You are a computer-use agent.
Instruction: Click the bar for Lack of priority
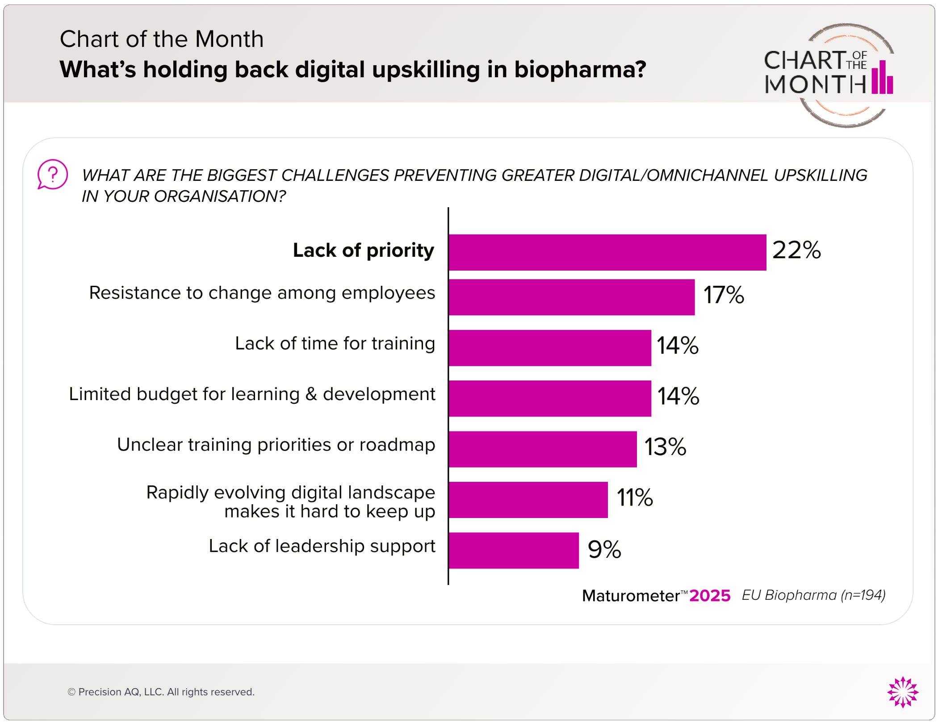pyautogui.click(x=607, y=252)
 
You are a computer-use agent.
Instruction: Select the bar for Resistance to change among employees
pyautogui.click(x=572, y=297)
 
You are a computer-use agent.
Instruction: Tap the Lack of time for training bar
pyautogui.click(x=550, y=348)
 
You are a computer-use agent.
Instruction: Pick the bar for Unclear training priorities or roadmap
pyautogui.click(x=543, y=449)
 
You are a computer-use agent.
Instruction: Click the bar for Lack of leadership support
pyautogui.click(x=514, y=551)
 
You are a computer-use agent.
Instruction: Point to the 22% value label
pyautogui.click(x=796, y=250)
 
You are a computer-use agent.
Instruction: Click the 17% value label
pyautogui.click(x=724, y=295)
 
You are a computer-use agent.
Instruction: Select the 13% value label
pyautogui.click(x=665, y=447)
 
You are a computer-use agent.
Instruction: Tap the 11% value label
pyautogui.click(x=635, y=497)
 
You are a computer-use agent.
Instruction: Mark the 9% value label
pyautogui.click(x=604, y=549)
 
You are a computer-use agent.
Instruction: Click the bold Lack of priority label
pyautogui.click(x=363, y=251)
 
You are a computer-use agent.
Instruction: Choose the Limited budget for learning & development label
pyautogui.click(x=252, y=394)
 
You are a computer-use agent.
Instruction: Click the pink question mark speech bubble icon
pyautogui.click(x=52, y=174)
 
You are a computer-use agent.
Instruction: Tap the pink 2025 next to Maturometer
pyautogui.click(x=710, y=596)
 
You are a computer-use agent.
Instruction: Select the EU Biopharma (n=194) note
pyautogui.click(x=813, y=595)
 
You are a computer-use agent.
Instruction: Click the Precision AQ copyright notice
pyautogui.click(x=161, y=692)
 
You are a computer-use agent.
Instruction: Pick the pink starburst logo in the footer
pyautogui.click(x=903, y=692)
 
